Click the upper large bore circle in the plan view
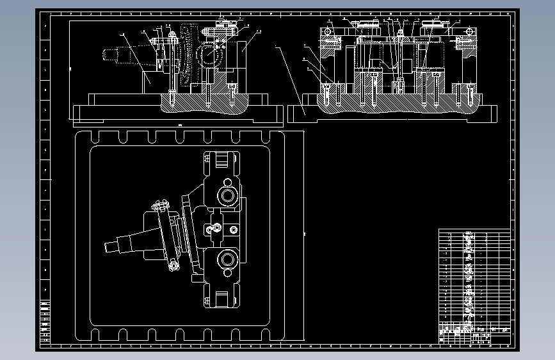coord(227,194)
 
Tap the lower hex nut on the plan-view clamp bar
coord(172,265)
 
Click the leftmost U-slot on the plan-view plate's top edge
coord(95,137)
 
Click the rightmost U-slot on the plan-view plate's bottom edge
coord(268,334)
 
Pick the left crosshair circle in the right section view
coord(328,31)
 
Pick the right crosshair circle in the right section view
coord(469,31)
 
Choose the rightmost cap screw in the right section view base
coord(471,96)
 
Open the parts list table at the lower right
coord(474,282)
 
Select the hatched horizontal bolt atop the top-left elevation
coord(221,29)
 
